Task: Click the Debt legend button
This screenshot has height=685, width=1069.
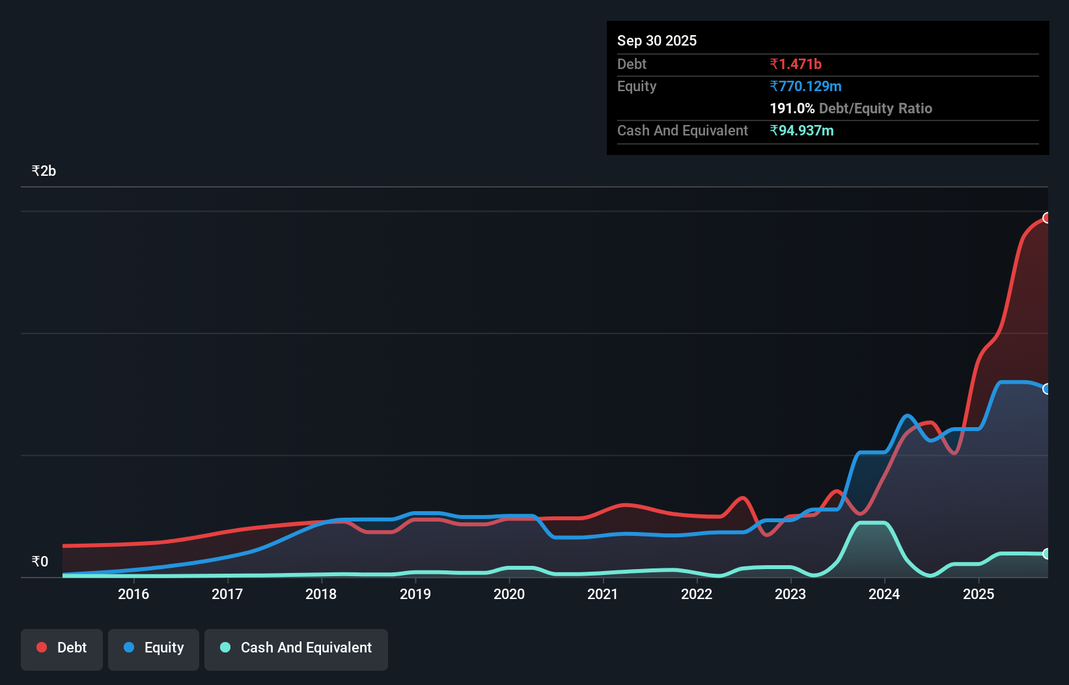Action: pyautogui.click(x=62, y=648)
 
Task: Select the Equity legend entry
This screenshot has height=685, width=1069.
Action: pyautogui.click(x=154, y=648)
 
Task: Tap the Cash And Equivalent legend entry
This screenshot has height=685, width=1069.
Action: pyautogui.click(x=296, y=648)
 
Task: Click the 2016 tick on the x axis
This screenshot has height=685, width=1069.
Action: pyautogui.click(x=133, y=594)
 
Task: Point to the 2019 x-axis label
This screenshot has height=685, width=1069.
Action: pyautogui.click(x=415, y=594)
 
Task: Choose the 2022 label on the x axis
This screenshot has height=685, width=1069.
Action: pyautogui.click(x=697, y=594)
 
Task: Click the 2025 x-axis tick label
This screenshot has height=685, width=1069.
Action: pyautogui.click(x=979, y=594)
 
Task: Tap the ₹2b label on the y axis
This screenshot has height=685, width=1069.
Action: pyautogui.click(x=44, y=171)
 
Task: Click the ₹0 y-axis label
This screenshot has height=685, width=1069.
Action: pyautogui.click(x=40, y=562)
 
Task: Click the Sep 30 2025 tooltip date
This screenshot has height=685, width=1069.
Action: pyautogui.click(x=656, y=41)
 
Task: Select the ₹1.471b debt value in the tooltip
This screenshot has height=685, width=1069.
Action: pyautogui.click(x=795, y=64)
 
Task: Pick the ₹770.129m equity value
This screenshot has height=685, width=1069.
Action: pyautogui.click(x=805, y=87)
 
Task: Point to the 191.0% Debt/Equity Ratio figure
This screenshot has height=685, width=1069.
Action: pyautogui.click(x=850, y=109)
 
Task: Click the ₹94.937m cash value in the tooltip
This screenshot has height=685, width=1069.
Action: pyautogui.click(x=801, y=131)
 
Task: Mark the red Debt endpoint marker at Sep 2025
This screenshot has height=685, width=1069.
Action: pyautogui.click(x=1046, y=218)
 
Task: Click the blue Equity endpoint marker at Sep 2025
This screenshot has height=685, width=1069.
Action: pyautogui.click(x=1046, y=389)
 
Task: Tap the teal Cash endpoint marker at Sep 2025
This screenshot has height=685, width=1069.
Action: pyautogui.click(x=1046, y=554)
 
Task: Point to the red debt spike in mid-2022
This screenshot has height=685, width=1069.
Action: pyautogui.click(x=742, y=499)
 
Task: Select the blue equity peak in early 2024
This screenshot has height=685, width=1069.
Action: pyautogui.click(x=907, y=416)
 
